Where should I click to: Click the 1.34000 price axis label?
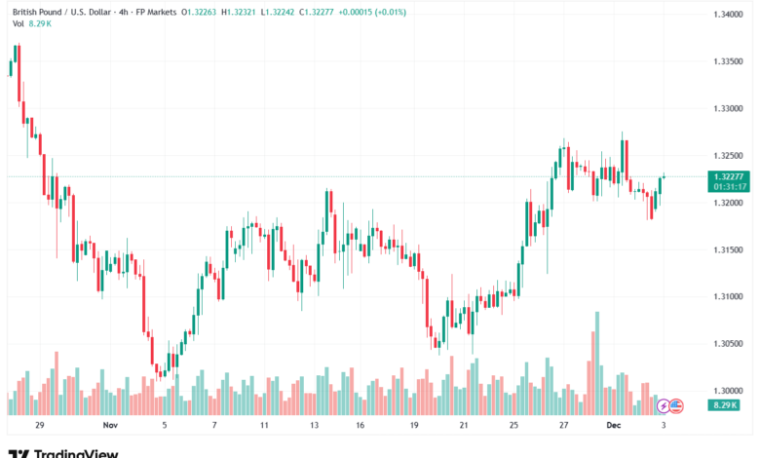coord(728,15)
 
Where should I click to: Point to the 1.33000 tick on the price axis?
coord(728,108)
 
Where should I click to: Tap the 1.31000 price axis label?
coord(728,296)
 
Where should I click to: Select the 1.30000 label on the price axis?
coord(728,390)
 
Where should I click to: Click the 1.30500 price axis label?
coord(728,343)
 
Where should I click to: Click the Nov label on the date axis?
coord(109,426)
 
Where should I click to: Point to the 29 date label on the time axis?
coord(40,426)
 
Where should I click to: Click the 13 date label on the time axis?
coord(315,426)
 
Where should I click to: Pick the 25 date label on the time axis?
coord(513,426)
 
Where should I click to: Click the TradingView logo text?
coord(76,452)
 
